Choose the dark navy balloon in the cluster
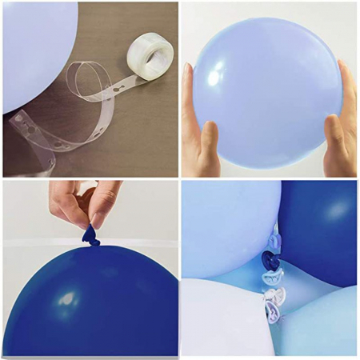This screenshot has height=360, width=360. (320, 224)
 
